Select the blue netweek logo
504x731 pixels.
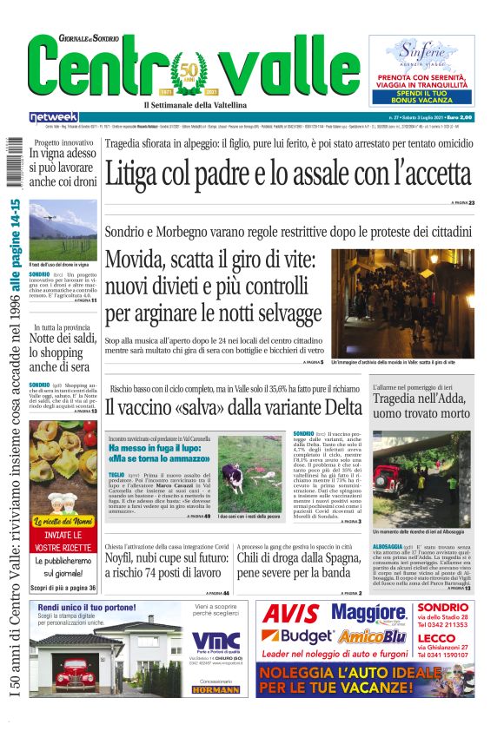click(x=53, y=116)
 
